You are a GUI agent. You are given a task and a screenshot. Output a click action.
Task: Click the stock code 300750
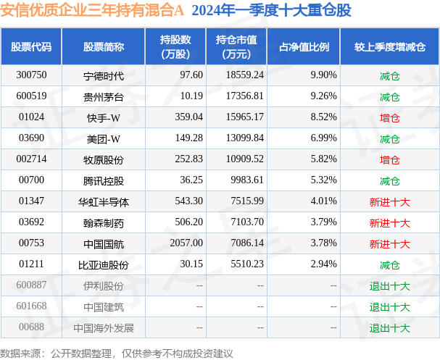pyautogui.click(x=31, y=75)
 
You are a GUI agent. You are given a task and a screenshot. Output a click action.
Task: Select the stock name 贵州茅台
pyautogui.click(x=104, y=96)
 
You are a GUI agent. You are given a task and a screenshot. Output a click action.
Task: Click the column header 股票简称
pyautogui.click(x=104, y=47)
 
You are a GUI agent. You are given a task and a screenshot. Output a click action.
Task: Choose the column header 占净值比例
pyautogui.click(x=304, y=47)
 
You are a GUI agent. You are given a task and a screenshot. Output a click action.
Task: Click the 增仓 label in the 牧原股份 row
pyautogui.click(x=390, y=159)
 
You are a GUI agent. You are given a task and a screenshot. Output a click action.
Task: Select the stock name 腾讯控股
pyautogui.click(x=104, y=180)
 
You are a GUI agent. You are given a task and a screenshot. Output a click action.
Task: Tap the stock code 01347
pyautogui.click(x=31, y=201)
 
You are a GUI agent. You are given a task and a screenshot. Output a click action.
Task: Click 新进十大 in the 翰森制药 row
pyautogui.click(x=390, y=223)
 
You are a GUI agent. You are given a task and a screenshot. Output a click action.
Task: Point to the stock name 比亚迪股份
pyautogui.click(x=104, y=265)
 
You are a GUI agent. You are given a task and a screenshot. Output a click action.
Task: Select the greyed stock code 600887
pyautogui.click(x=31, y=286)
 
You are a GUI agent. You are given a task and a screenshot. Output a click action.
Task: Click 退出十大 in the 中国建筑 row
pyautogui.click(x=390, y=307)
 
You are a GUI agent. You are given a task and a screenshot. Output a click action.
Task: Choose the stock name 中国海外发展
pyautogui.click(x=104, y=328)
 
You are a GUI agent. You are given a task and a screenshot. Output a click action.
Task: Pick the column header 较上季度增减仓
pyautogui.click(x=390, y=47)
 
